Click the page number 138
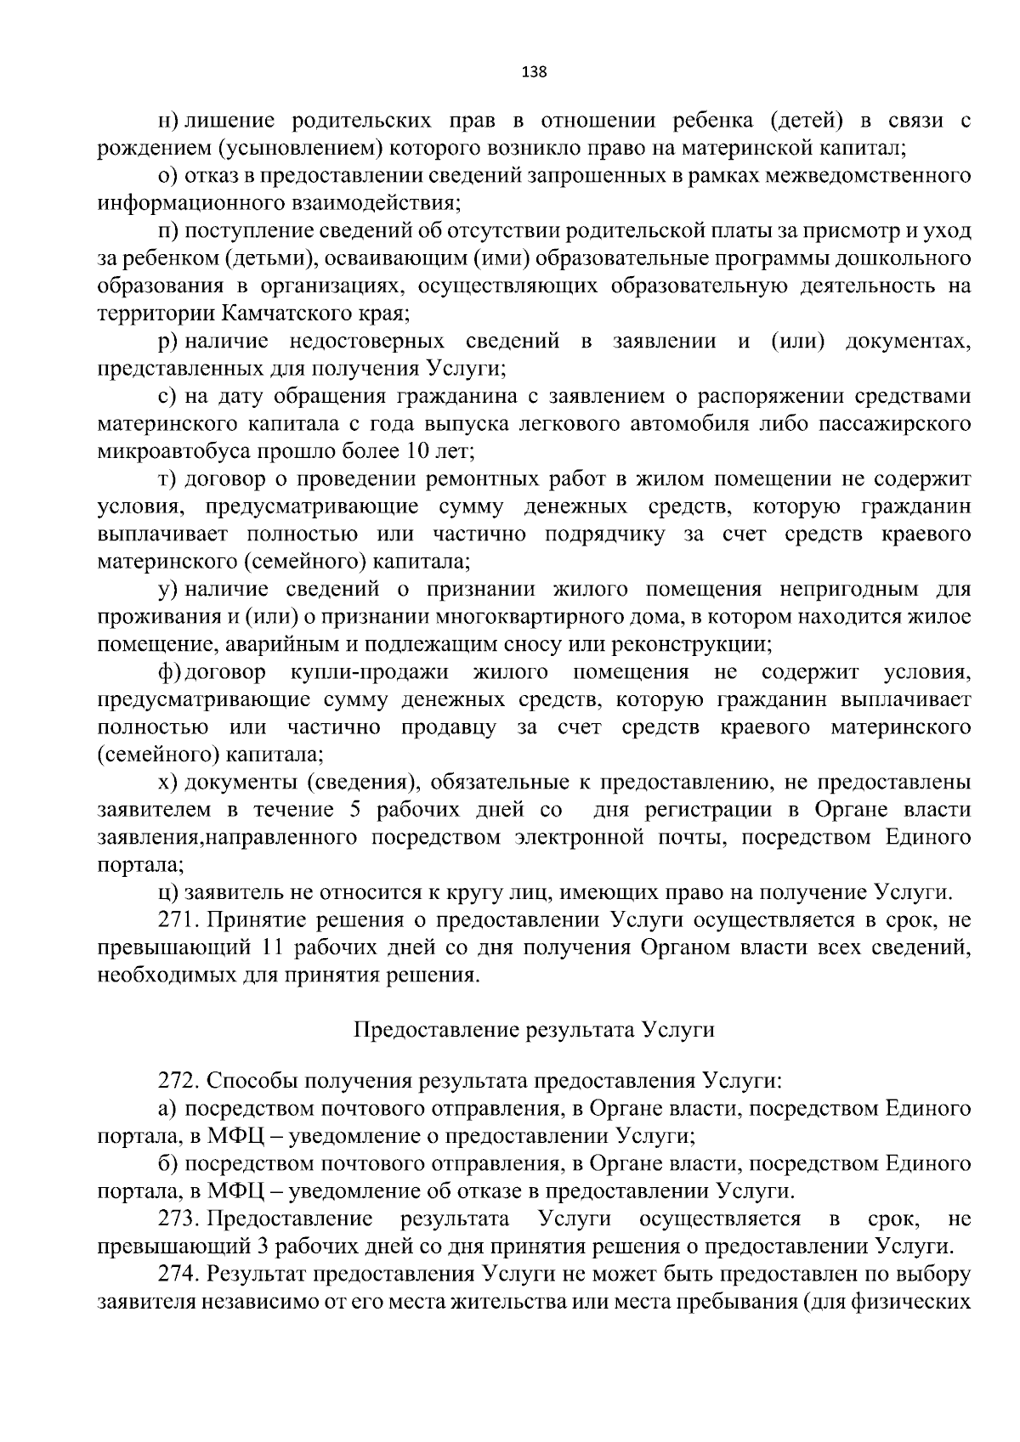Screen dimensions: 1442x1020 click(x=534, y=71)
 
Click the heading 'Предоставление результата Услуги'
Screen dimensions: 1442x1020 click(x=534, y=1029)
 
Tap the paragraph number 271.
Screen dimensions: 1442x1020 click(x=177, y=920)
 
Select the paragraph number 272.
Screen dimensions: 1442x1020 click(x=177, y=1082)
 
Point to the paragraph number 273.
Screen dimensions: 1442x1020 click(x=177, y=1219)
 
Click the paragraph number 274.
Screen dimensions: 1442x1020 click(x=177, y=1274)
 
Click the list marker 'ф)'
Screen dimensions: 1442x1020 click(x=169, y=672)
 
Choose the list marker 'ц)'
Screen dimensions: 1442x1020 click(x=168, y=892)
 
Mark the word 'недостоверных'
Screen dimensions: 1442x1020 click(x=366, y=341)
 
